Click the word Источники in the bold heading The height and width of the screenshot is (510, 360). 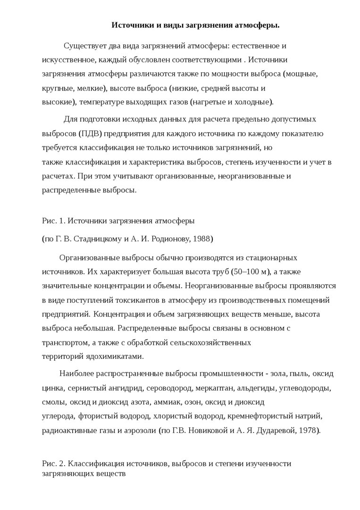coord(130,25)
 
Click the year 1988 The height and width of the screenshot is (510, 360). coord(203,239)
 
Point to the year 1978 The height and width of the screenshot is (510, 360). coord(308,430)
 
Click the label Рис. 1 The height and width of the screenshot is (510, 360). coord(53,220)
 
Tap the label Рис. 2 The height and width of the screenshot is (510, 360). coord(53,463)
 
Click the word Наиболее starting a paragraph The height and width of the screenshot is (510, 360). coord(77,374)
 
